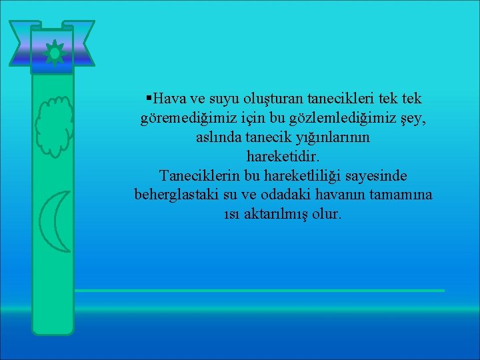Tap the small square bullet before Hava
148,99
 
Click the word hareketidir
283,157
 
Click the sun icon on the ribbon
53,52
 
